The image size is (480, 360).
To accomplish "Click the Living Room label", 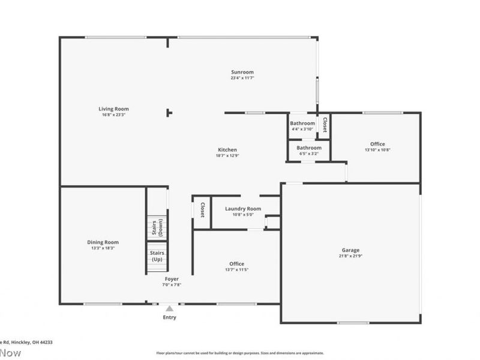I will pyautogui.click(x=114, y=109).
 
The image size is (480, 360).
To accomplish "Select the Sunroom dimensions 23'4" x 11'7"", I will pyautogui.click(x=242, y=78).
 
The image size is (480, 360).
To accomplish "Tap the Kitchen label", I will pyautogui.click(x=227, y=149).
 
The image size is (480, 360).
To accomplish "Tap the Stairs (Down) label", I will pyautogui.click(x=157, y=227).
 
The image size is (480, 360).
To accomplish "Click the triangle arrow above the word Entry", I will pyautogui.click(x=170, y=308).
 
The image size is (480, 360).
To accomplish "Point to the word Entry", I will pyautogui.click(x=170, y=317).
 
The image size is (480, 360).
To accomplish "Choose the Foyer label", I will pyautogui.click(x=172, y=278).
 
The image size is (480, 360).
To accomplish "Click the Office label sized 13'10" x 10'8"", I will pyautogui.click(x=377, y=143).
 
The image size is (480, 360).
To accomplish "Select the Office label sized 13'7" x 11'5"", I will pyautogui.click(x=236, y=263).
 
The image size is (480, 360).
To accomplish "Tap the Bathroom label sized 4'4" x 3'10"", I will pyautogui.click(x=302, y=123).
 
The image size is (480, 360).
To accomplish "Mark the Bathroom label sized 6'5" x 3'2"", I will pyautogui.click(x=309, y=148).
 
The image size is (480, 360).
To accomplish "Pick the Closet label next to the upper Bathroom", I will pyautogui.click(x=325, y=125).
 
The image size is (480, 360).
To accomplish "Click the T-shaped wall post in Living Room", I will pyautogui.click(x=169, y=112).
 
